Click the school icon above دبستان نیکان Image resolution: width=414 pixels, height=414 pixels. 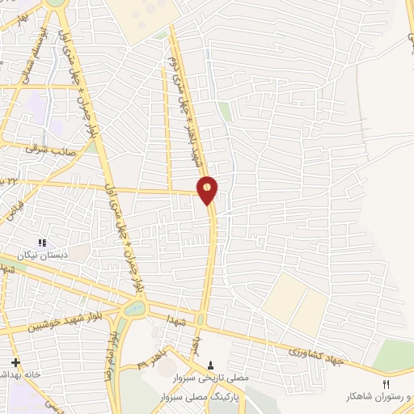click(43, 242)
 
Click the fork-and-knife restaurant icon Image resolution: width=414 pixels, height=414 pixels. click(386, 383)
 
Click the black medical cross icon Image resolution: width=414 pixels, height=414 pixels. click(15, 361)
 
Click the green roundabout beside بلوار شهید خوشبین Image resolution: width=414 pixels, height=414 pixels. click(136, 308)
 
